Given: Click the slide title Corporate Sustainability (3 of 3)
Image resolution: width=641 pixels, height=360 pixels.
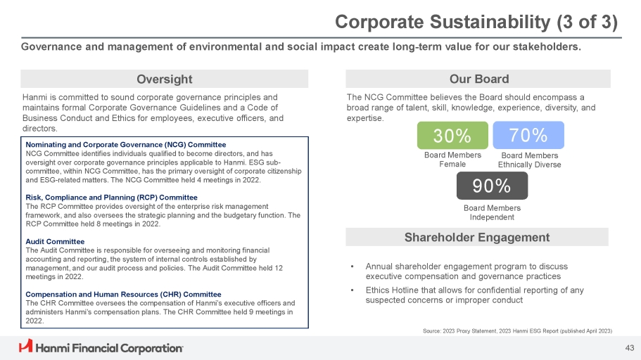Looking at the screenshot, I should tap(476, 22).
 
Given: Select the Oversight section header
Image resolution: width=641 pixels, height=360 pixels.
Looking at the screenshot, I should tap(164, 79).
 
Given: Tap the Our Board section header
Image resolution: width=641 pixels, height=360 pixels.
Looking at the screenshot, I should tap(478, 79).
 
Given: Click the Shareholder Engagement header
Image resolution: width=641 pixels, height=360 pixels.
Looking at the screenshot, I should tap(477, 237).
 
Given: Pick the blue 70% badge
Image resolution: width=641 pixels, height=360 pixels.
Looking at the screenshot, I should tap(528, 134).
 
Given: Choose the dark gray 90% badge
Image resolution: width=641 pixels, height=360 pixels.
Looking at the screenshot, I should tap(492, 186).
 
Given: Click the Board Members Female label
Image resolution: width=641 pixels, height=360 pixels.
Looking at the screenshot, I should tap(453, 160).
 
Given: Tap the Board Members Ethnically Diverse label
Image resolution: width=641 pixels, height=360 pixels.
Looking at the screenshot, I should tap(529, 160).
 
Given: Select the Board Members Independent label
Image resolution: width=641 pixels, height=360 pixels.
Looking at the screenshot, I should tap(492, 212).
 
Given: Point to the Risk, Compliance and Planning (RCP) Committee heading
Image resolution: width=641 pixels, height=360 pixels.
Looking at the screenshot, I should tap(111, 197).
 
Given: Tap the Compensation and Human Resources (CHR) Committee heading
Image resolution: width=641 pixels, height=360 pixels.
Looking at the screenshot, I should tap(123, 294).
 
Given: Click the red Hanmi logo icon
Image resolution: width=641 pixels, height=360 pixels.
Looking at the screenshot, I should tap(25, 346).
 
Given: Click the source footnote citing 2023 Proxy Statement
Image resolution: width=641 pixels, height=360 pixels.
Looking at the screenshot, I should tap(515, 330).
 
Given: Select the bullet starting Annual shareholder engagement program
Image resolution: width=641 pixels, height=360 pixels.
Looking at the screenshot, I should tap(467, 271).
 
